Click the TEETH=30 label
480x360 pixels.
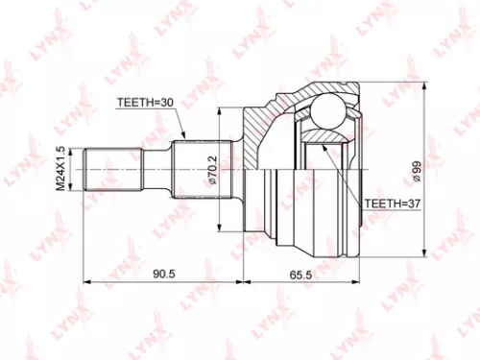coord(147,101)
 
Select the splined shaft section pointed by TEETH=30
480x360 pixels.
coord(197,169)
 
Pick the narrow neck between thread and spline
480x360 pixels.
coord(155,169)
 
